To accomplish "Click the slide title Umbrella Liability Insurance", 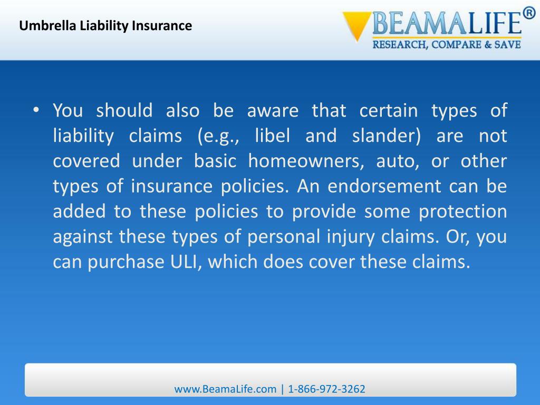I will (x=105, y=25).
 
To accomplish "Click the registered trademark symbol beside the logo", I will (x=529, y=14).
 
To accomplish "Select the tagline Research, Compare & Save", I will (x=447, y=45).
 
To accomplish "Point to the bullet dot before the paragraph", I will (x=36, y=111).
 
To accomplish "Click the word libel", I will (x=272, y=136).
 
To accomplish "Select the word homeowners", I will (x=306, y=161).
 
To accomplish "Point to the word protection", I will (x=462, y=211).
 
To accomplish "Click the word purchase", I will (x=122, y=262).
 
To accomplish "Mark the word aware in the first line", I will (x=273, y=111).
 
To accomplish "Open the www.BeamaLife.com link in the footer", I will (x=225, y=389).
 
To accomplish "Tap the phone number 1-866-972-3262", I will (x=326, y=389).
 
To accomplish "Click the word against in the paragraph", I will (x=83, y=237).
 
